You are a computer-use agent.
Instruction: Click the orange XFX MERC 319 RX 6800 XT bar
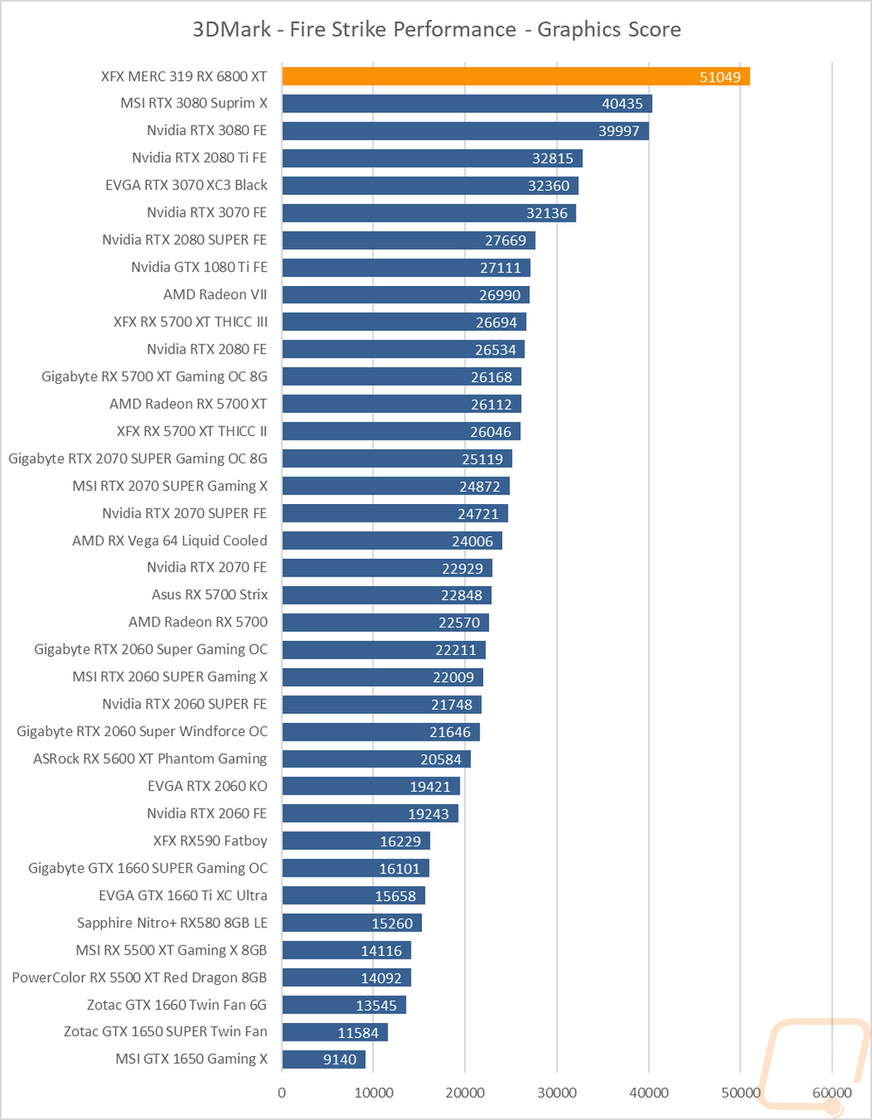pos(514,77)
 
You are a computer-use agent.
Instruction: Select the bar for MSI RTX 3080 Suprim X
pos(467,104)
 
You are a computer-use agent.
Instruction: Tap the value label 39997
pos(621,131)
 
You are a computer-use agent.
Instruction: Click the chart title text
pos(436,29)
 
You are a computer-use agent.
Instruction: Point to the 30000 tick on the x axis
pos(556,1091)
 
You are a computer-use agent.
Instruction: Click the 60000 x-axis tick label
pos(831,1091)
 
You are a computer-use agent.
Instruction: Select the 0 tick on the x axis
pos(282,1091)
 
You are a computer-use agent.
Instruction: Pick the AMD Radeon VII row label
pos(215,294)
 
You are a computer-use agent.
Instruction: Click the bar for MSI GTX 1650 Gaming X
pos(324,1059)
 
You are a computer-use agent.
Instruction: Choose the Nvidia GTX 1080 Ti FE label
pos(199,267)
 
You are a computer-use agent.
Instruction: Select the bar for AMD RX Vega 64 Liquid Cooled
pos(392,541)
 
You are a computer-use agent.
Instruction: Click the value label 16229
pos(405,841)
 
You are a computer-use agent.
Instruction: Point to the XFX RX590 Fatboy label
pos(209,841)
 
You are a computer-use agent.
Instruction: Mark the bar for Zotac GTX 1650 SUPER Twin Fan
pos(334,1032)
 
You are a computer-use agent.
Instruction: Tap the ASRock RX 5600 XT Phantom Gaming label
pos(150,759)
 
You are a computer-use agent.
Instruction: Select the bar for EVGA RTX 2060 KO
pos(371,786)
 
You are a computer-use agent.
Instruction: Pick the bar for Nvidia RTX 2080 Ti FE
pos(432,158)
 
